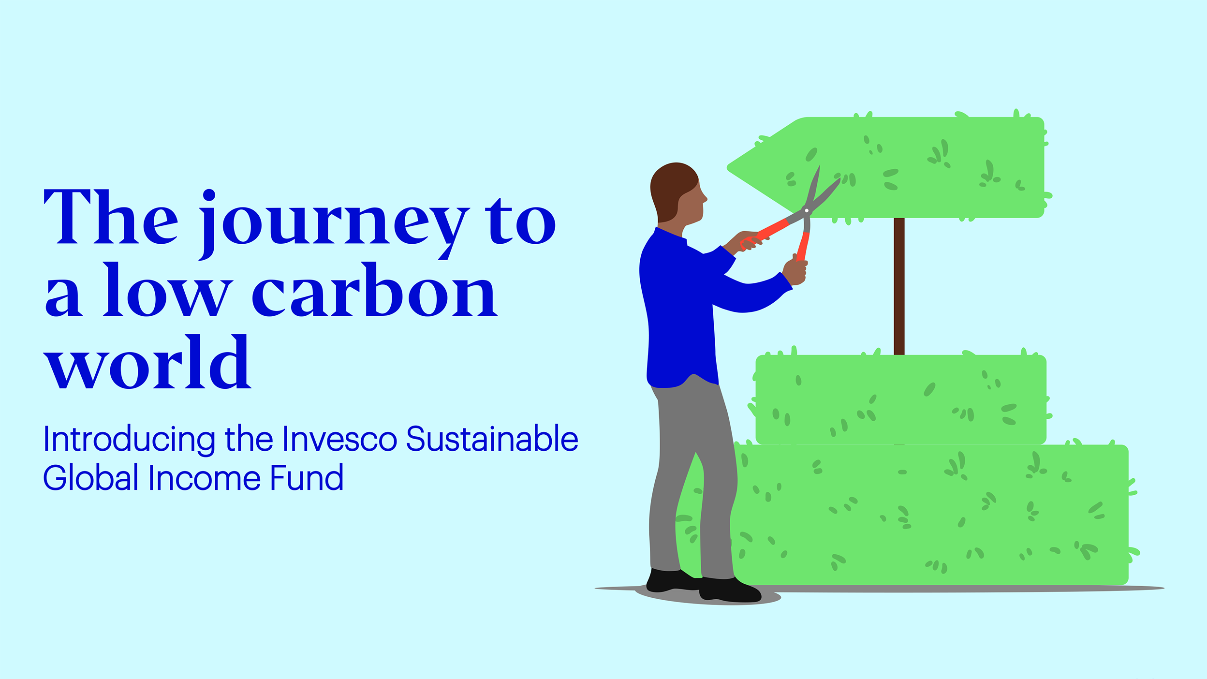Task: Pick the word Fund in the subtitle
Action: (x=307, y=478)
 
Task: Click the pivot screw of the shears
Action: (x=806, y=211)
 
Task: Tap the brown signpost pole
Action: (x=899, y=285)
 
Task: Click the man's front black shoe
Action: (x=730, y=591)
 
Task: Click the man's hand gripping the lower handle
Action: (x=795, y=272)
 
